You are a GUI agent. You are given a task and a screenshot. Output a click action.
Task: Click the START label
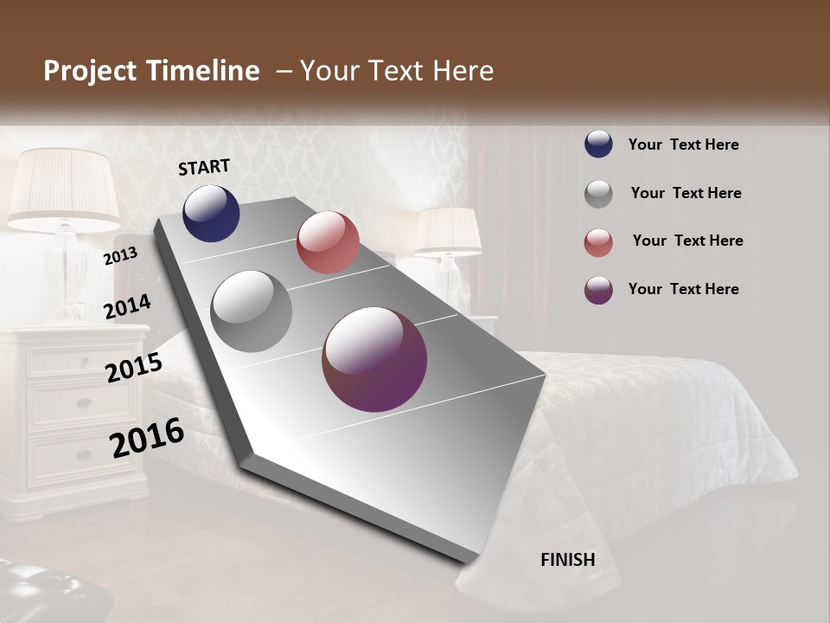[x=204, y=167]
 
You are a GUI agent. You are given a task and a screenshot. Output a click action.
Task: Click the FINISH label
[x=567, y=560]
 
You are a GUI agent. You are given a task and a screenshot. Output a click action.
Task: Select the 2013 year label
[x=120, y=255]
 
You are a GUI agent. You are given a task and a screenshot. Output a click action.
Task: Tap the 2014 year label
[x=127, y=307]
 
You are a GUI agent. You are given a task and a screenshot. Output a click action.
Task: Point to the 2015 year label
[x=134, y=368]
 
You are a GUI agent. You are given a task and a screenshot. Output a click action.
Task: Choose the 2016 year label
[x=147, y=437]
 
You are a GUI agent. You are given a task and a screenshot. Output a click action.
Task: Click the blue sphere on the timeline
[x=211, y=214]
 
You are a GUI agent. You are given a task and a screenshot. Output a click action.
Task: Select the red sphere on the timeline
[x=328, y=242]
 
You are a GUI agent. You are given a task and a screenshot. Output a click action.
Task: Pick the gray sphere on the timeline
[x=252, y=311]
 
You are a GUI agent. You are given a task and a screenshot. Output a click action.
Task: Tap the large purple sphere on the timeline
[x=374, y=359]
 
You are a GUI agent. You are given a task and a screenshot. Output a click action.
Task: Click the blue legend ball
[x=598, y=145]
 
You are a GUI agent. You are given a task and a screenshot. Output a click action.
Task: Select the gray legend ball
[x=598, y=193]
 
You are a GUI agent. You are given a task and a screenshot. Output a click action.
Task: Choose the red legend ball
[x=598, y=242]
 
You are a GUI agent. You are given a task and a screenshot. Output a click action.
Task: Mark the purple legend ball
[x=598, y=290]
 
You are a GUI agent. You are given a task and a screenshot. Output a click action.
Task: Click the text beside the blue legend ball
[x=683, y=145]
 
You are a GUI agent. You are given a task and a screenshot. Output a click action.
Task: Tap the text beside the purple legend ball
[x=683, y=289]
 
